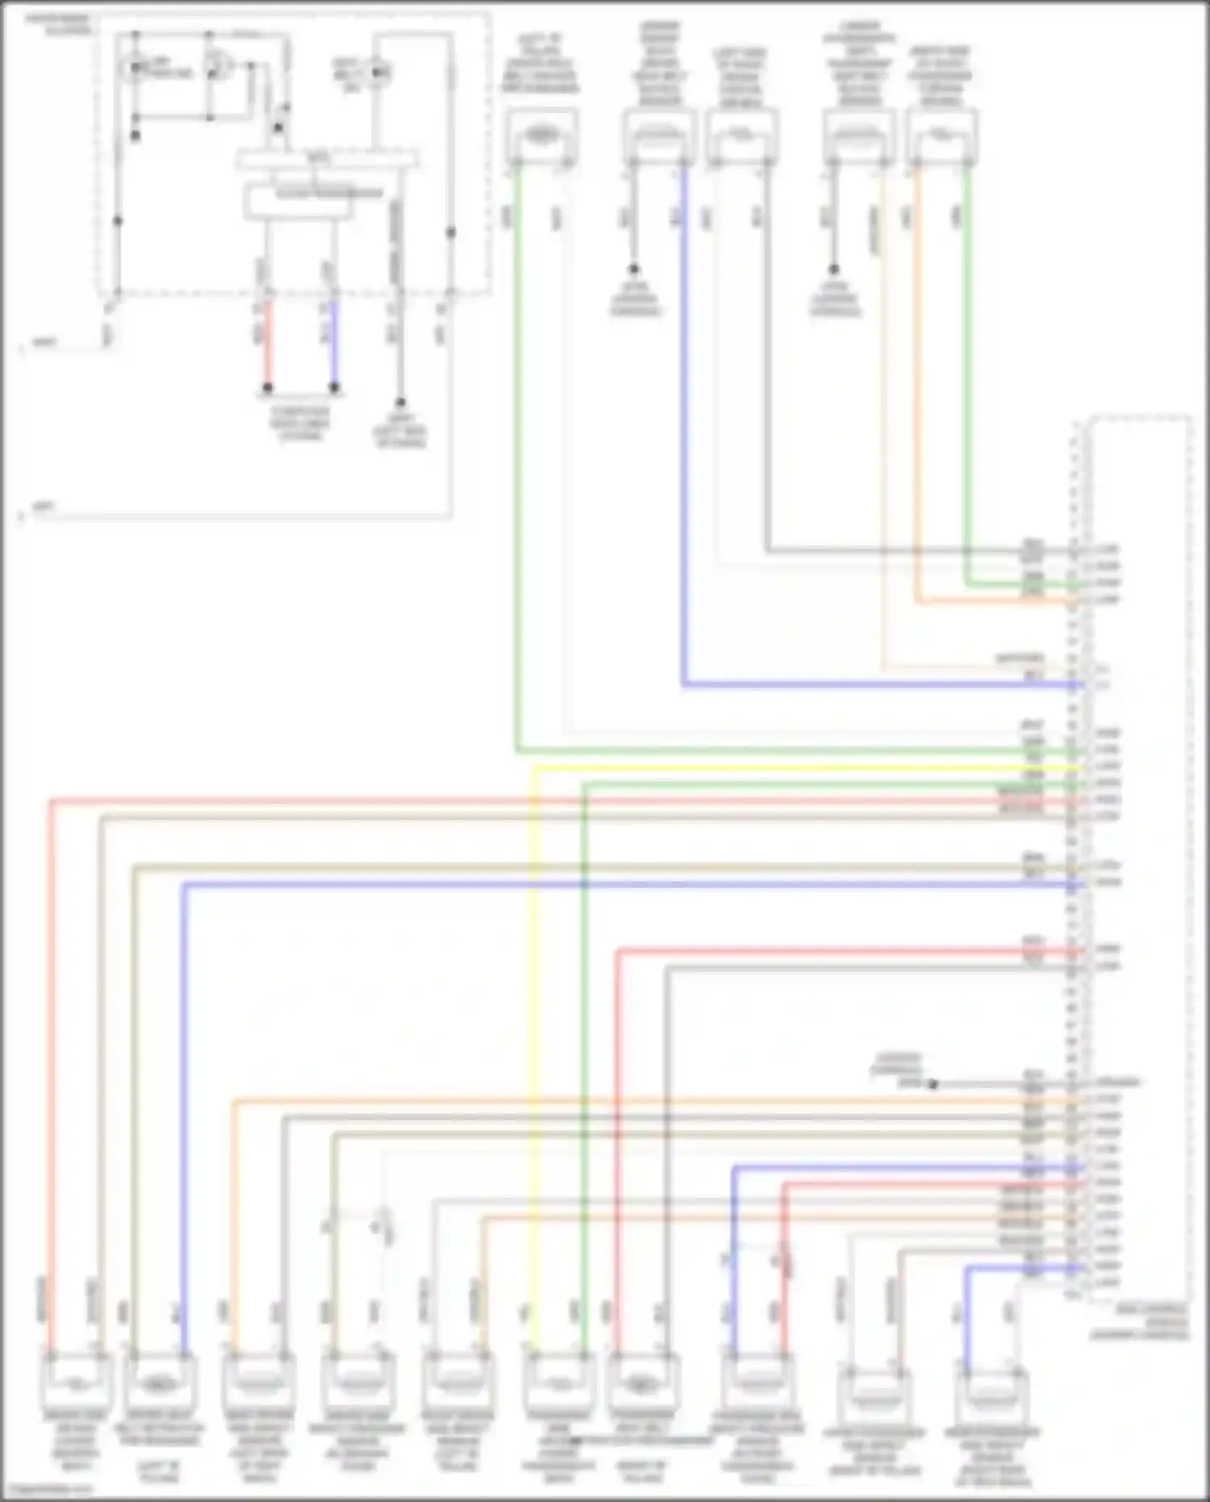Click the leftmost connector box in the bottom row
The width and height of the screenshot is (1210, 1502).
click(x=75, y=1381)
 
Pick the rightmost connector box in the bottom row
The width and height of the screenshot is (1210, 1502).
click(x=991, y=1395)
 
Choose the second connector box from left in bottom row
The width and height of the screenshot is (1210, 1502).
click(x=161, y=1381)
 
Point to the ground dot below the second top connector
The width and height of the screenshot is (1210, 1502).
click(x=634, y=269)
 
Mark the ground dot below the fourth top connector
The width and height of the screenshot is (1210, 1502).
click(x=833, y=269)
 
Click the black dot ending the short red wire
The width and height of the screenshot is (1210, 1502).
click(x=267, y=388)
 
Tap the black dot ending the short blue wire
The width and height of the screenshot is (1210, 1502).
click(x=334, y=388)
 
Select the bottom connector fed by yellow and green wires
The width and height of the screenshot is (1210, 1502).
click(x=558, y=1381)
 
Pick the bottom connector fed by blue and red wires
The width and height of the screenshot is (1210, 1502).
click(x=757, y=1381)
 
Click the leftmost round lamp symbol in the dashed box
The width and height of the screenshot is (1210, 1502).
click(x=135, y=68)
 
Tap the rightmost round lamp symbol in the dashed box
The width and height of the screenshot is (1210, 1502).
click(x=378, y=73)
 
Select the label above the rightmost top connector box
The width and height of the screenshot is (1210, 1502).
click(x=941, y=76)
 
